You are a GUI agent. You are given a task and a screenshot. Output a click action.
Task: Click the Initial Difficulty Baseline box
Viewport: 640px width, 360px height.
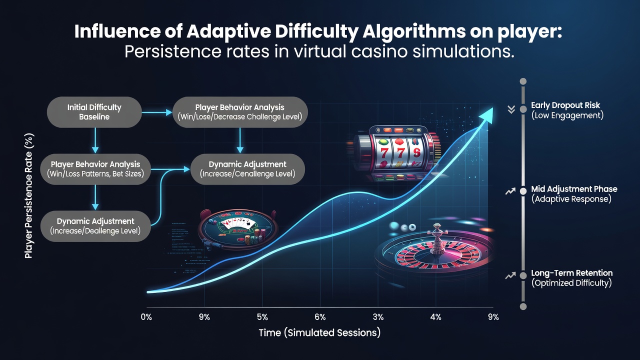pyautogui.click(x=94, y=112)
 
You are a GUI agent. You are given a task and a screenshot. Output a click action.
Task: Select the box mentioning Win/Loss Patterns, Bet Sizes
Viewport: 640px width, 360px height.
pyautogui.click(x=95, y=169)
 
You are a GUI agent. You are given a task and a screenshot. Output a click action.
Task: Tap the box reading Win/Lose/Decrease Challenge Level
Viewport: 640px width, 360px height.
pyautogui.click(x=240, y=112)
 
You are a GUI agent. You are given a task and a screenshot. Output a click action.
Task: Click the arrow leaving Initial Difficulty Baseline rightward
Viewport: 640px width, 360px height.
pyautogui.click(x=157, y=112)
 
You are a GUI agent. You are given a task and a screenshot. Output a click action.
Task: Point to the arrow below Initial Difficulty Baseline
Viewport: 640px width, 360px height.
pyautogui.click(x=95, y=140)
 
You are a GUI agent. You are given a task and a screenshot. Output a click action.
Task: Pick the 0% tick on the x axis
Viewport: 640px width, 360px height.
pyautogui.click(x=146, y=317)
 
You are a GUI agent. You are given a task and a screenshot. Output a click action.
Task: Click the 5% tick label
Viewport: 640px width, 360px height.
pyautogui.click(x=262, y=317)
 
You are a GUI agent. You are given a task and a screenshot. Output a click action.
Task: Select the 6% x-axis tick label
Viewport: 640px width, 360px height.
pyautogui.click(x=320, y=317)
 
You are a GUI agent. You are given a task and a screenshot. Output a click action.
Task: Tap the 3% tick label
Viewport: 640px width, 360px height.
pyautogui.click(x=378, y=317)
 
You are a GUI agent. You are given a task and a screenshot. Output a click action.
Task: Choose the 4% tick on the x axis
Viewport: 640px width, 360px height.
pyautogui.click(x=435, y=317)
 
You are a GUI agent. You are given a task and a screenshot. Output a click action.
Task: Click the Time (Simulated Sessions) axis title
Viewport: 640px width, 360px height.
pyautogui.click(x=319, y=333)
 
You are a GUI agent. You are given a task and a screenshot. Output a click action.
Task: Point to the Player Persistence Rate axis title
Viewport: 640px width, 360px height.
pyautogui.click(x=29, y=196)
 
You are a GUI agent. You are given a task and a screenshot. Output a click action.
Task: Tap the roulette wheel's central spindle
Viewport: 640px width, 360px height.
pyautogui.click(x=436, y=239)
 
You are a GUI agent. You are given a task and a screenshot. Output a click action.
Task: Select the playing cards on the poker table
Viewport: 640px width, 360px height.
pyautogui.click(x=235, y=223)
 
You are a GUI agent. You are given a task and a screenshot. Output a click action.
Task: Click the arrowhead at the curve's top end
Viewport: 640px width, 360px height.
pyautogui.click(x=486, y=115)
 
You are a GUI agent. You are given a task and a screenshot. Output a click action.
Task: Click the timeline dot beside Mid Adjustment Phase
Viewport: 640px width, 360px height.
pyautogui.click(x=523, y=191)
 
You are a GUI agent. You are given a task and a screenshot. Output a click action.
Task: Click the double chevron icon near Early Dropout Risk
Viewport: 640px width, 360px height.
pyautogui.click(x=511, y=109)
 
